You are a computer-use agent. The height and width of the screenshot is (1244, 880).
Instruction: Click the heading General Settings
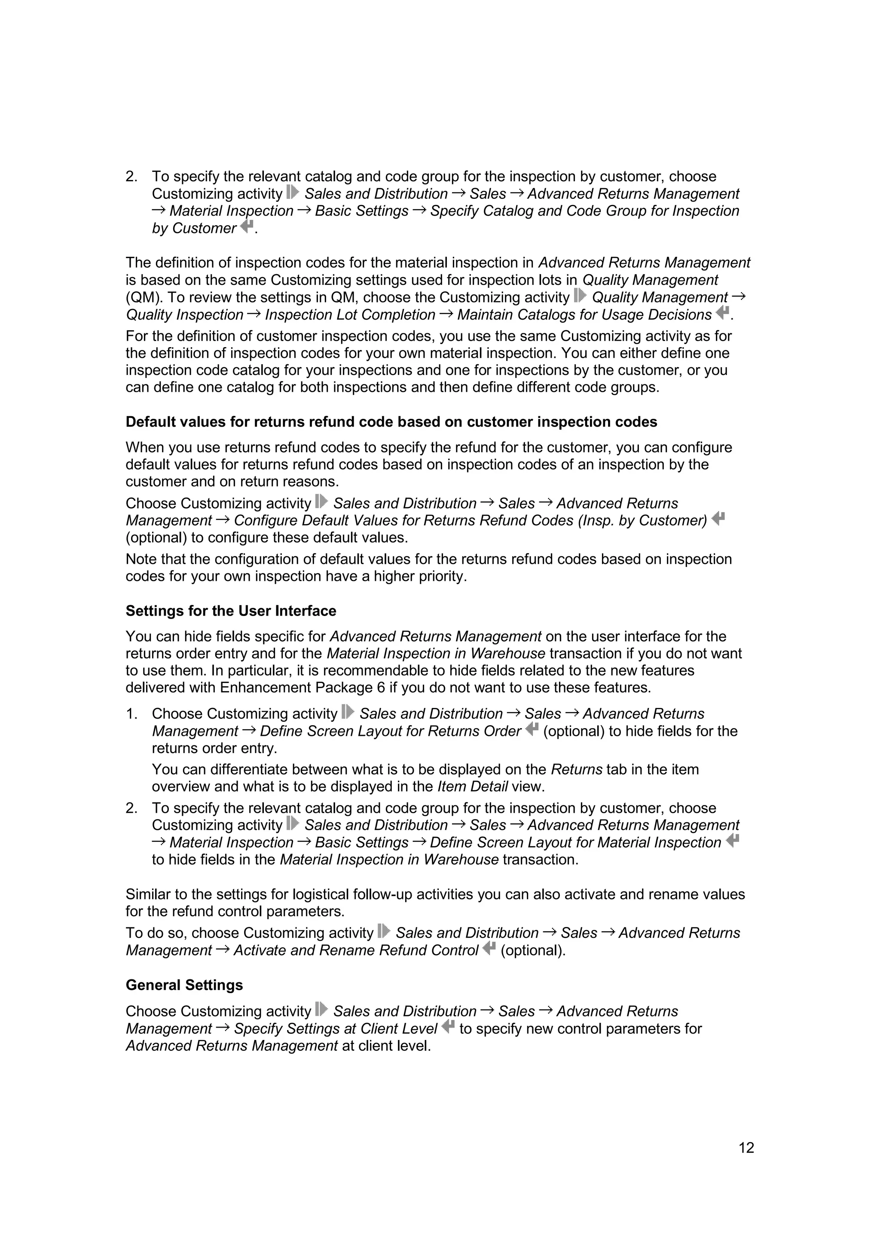[x=184, y=985]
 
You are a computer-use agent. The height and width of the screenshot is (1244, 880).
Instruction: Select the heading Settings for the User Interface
[x=231, y=611]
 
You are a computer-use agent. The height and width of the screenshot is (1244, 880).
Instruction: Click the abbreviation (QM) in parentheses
[x=144, y=297]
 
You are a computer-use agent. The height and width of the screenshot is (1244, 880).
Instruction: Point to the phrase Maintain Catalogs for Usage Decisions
[x=584, y=315]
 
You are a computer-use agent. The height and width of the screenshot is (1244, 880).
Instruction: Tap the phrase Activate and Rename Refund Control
[x=356, y=950]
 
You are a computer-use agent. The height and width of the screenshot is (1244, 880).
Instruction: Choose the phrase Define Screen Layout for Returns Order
[x=390, y=731]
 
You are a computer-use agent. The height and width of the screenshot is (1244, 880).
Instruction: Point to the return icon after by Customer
[x=247, y=226]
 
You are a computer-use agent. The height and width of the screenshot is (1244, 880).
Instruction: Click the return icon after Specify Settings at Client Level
[x=448, y=1026]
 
